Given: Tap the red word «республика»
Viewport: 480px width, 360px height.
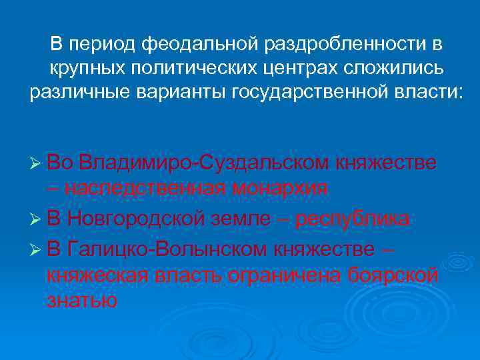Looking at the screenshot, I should coord(353,219).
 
